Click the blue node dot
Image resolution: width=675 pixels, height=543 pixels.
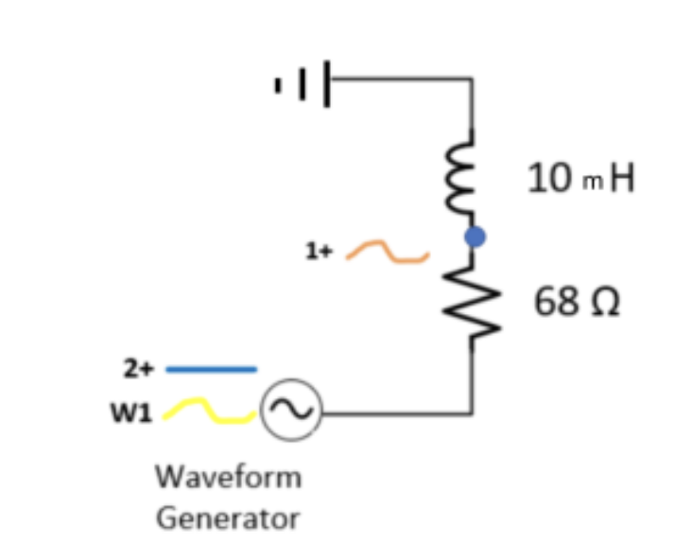click(475, 236)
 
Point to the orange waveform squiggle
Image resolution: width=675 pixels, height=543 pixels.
click(388, 252)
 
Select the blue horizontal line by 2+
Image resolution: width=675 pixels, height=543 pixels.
click(211, 369)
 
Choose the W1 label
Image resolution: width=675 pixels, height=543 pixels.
click(130, 413)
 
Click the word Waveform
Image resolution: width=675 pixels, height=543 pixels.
click(229, 475)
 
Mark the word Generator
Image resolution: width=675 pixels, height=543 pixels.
click(228, 517)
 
